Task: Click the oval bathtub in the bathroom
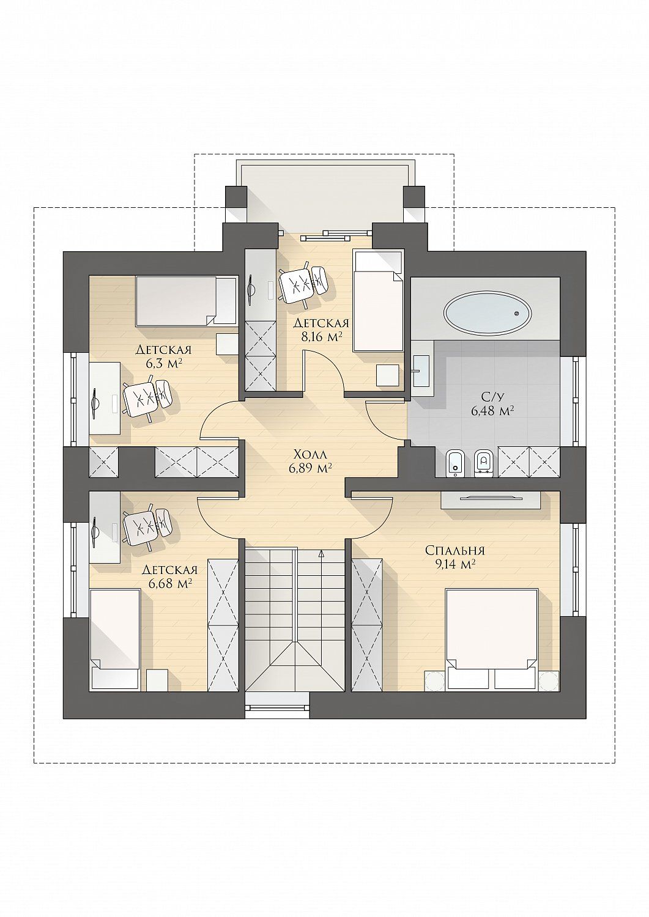pyautogui.click(x=488, y=313)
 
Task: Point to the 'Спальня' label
pyautogui.click(x=455, y=550)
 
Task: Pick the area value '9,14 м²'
pyautogui.click(x=455, y=564)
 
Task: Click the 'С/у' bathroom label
pyautogui.click(x=493, y=397)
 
